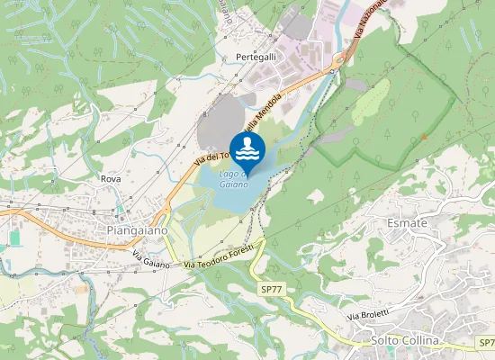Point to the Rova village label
coord(111,179)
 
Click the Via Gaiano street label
coord(150,260)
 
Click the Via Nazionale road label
coord(370,19)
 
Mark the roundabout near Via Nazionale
coord(339,63)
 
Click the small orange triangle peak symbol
coord(424,137)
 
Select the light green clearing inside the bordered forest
coord(371,101)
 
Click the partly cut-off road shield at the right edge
coord(486,343)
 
